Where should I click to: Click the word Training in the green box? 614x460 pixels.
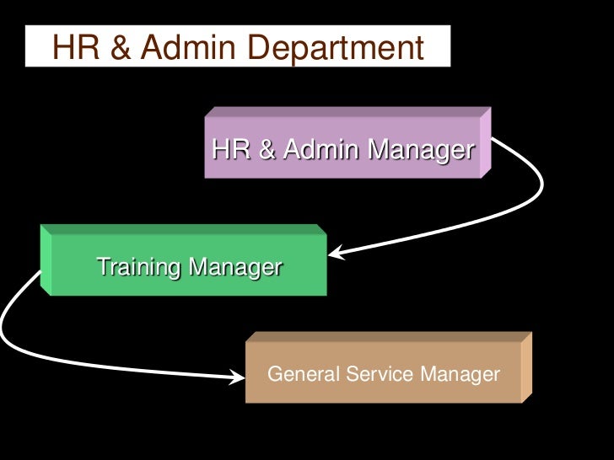click(x=139, y=269)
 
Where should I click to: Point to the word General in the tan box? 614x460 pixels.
click(x=302, y=373)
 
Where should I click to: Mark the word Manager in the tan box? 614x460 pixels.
click(x=459, y=373)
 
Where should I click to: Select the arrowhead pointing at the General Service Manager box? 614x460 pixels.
click(x=237, y=377)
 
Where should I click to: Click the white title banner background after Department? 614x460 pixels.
click(x=435, y=48)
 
